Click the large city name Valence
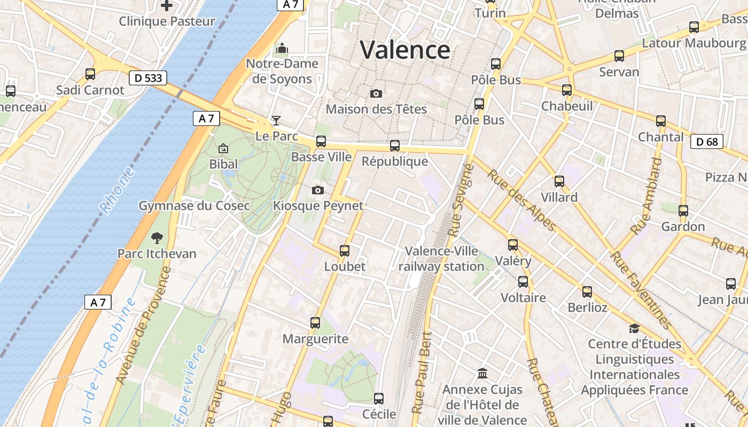[405, 50]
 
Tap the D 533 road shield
[148, 78]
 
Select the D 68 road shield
[707, 142]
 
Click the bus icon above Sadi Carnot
[90, 74]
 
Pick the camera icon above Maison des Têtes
[376, 94]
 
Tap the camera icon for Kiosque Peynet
[318, 191]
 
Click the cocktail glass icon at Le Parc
[276, 121]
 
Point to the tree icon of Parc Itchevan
[157, 238]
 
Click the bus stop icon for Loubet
[345, 251]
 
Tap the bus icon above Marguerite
[315, 323]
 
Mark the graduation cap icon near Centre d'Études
[634, 328]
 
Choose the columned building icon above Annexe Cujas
[482, 373]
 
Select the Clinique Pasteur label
[167, 21]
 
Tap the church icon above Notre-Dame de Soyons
[282, 49]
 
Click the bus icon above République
[395, 146]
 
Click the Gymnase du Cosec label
[194, 205]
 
